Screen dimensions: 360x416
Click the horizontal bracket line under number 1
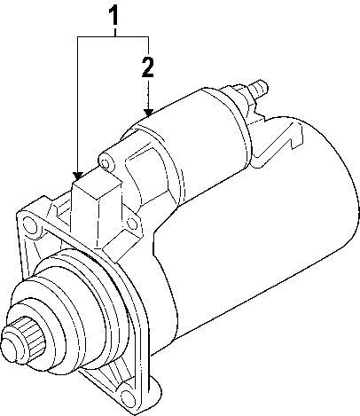(x=113, y=35)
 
